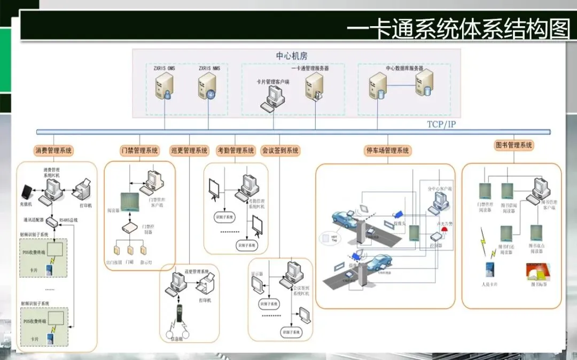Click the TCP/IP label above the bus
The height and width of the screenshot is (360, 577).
coord(442,124)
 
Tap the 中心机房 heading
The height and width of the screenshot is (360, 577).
coord(292,56)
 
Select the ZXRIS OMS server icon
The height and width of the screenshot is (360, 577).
coord(164,87)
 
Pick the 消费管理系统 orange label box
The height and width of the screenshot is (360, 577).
coord(53,151)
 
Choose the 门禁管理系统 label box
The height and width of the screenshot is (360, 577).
coord(140,151)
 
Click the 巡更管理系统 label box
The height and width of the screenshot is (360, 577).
coord(189,151)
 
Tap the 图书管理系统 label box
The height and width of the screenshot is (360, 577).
coord(514,145)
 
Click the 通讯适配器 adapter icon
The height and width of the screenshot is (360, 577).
coord(52,221)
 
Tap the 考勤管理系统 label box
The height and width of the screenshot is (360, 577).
coord(236,151)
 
